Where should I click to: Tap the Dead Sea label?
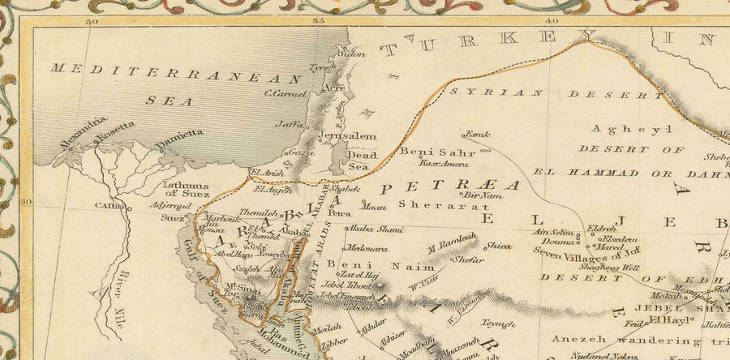click(358, 159)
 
